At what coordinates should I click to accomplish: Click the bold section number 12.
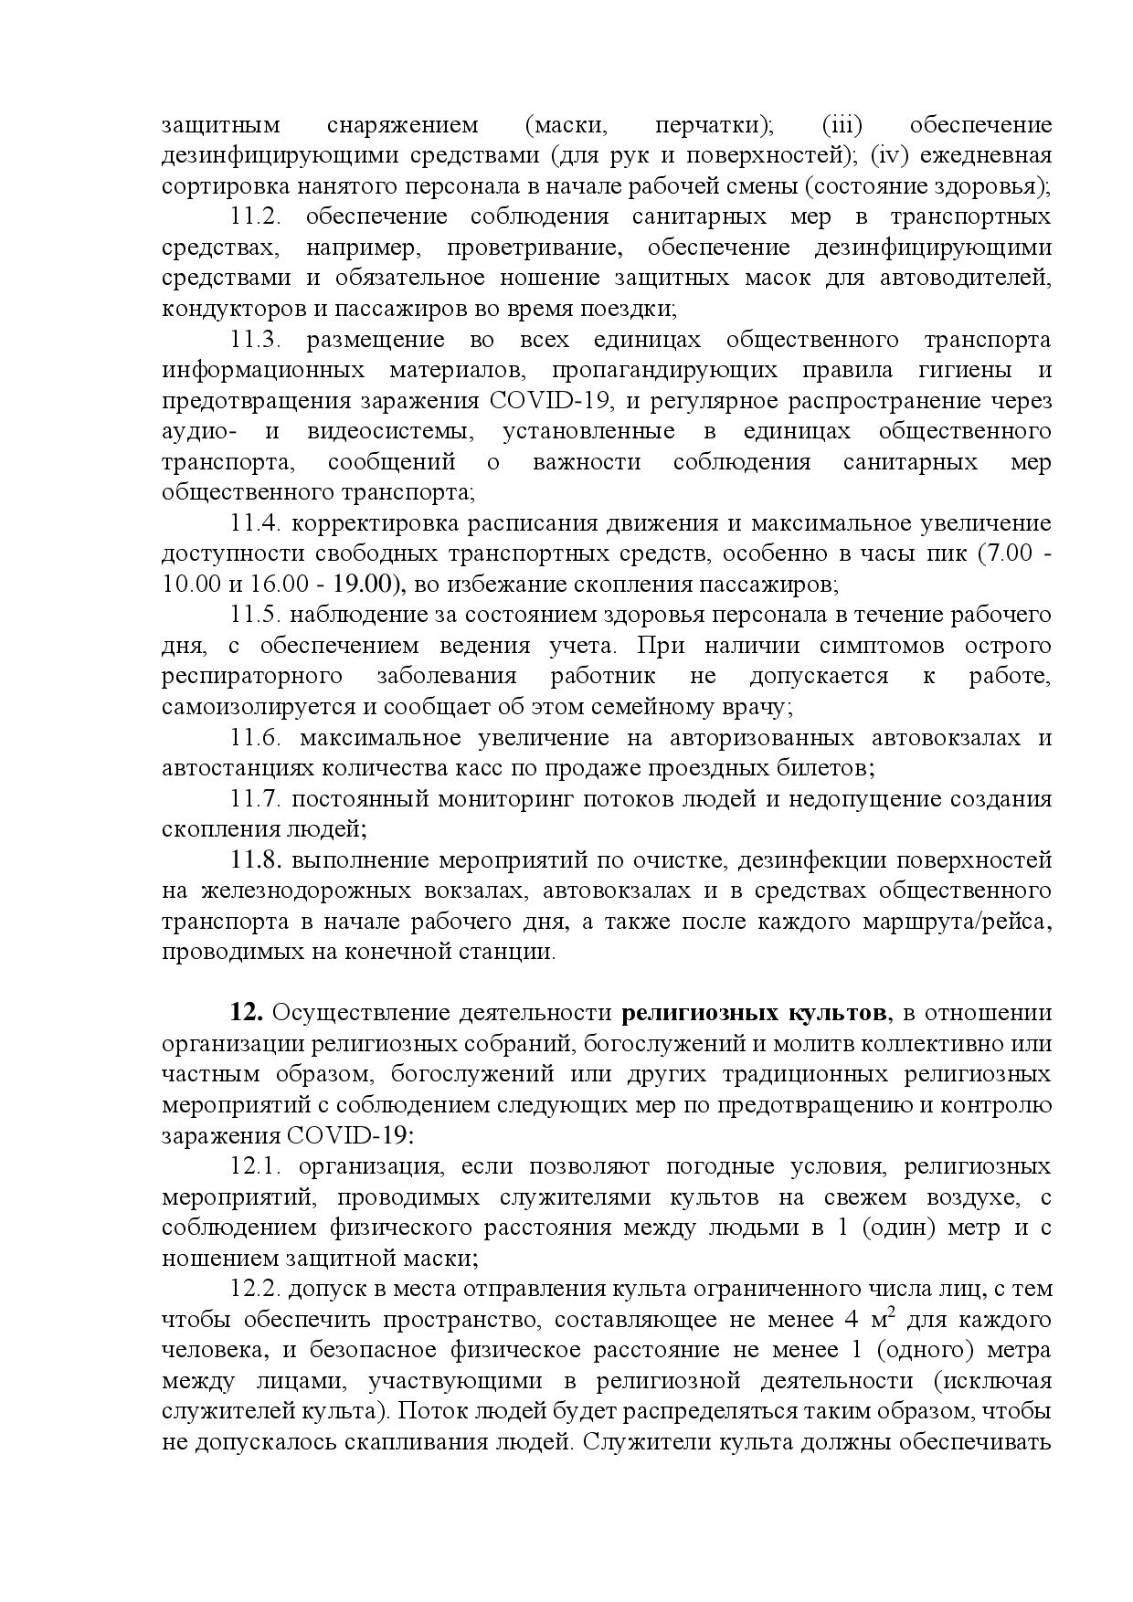(x=247, y=1013)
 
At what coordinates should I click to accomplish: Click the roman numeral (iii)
(x=842, y=125)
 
